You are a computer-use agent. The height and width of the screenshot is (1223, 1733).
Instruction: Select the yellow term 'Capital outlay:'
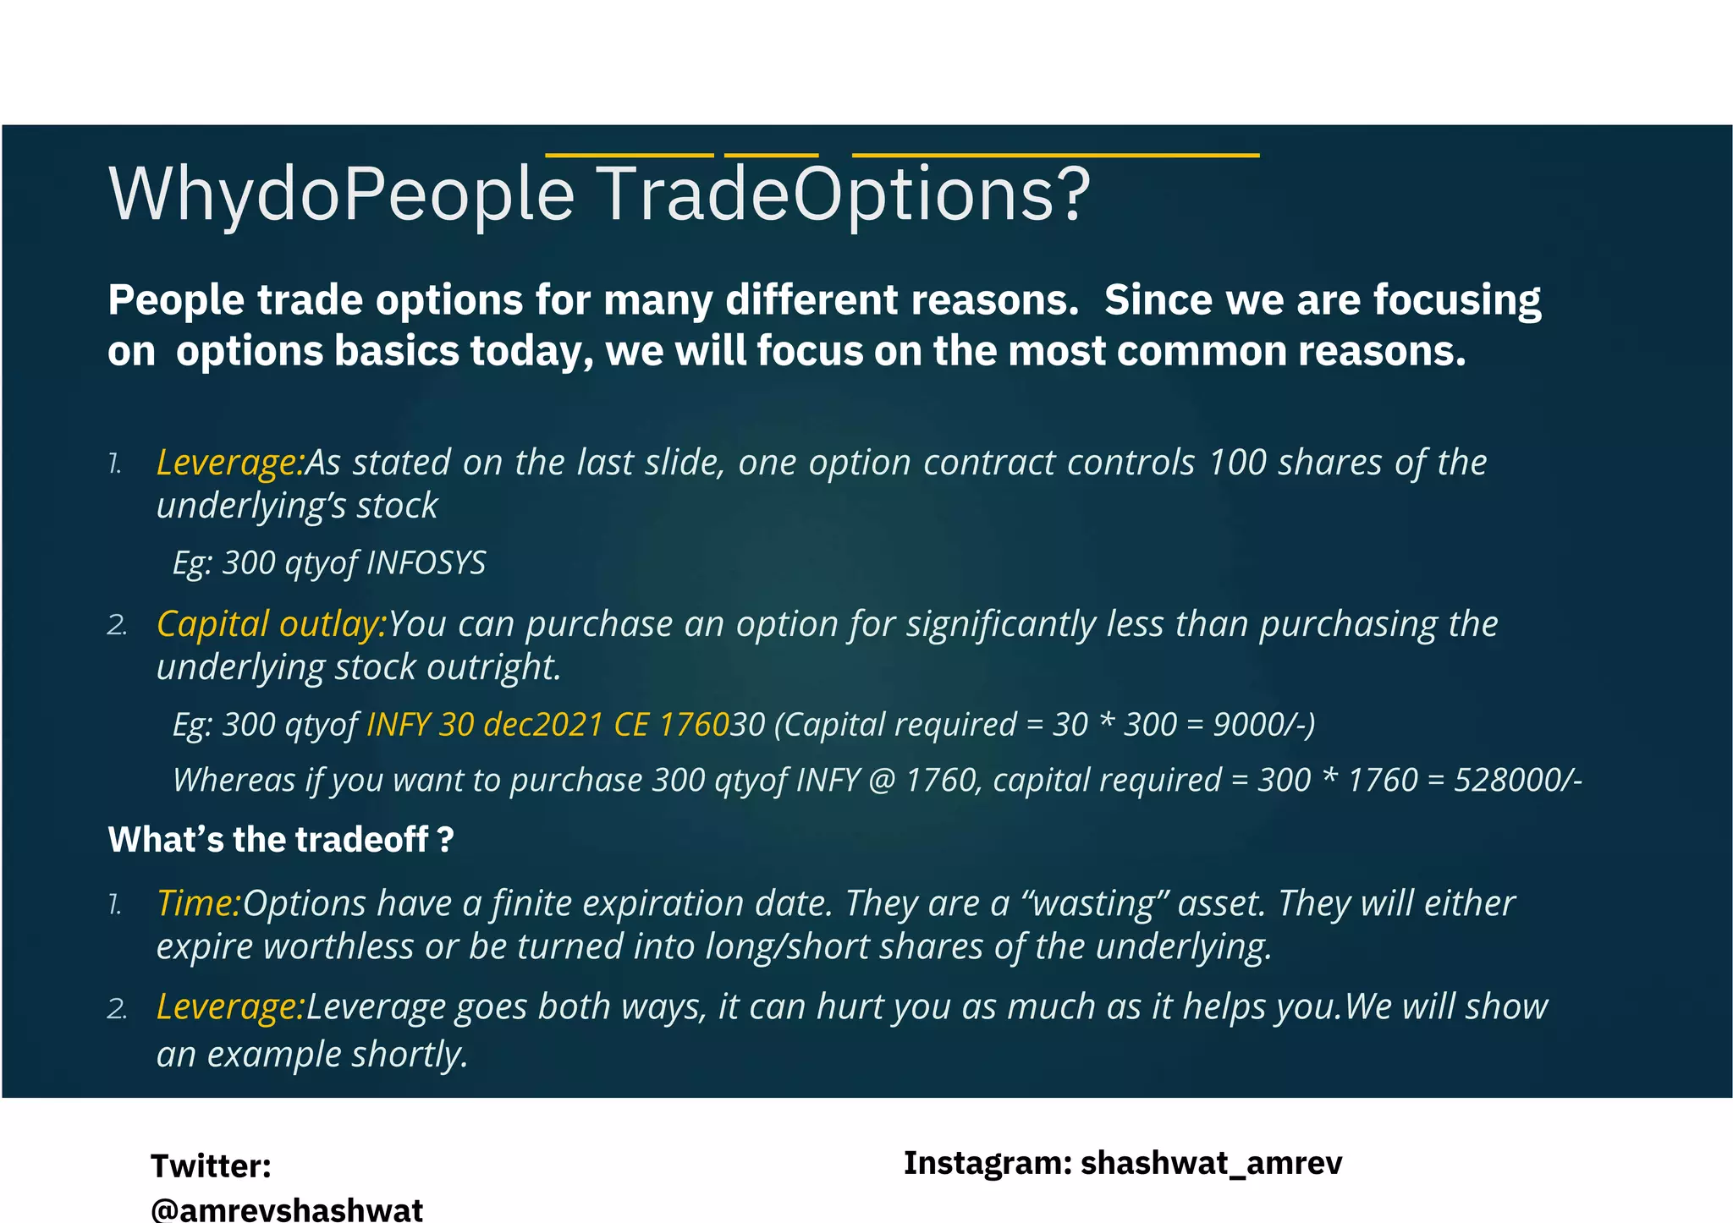pos(272,624)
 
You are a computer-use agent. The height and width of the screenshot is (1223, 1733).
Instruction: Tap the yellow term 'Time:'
pos(199,903)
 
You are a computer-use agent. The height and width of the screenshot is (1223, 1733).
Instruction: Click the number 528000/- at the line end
pos(1517,780)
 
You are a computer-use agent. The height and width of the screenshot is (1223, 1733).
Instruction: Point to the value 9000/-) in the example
pos(1263,725)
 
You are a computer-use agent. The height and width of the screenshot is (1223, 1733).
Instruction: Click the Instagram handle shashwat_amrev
pos(1211,1163)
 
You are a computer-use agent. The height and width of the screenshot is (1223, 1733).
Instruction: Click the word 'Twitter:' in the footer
pos(211,1166)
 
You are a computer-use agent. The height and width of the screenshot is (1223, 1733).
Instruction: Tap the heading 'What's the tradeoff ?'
pos(281,840)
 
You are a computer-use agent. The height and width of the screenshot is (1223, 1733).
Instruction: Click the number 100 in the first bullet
pos(1236,463)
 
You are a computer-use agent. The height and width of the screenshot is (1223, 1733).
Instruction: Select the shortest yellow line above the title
pos(771,156)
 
